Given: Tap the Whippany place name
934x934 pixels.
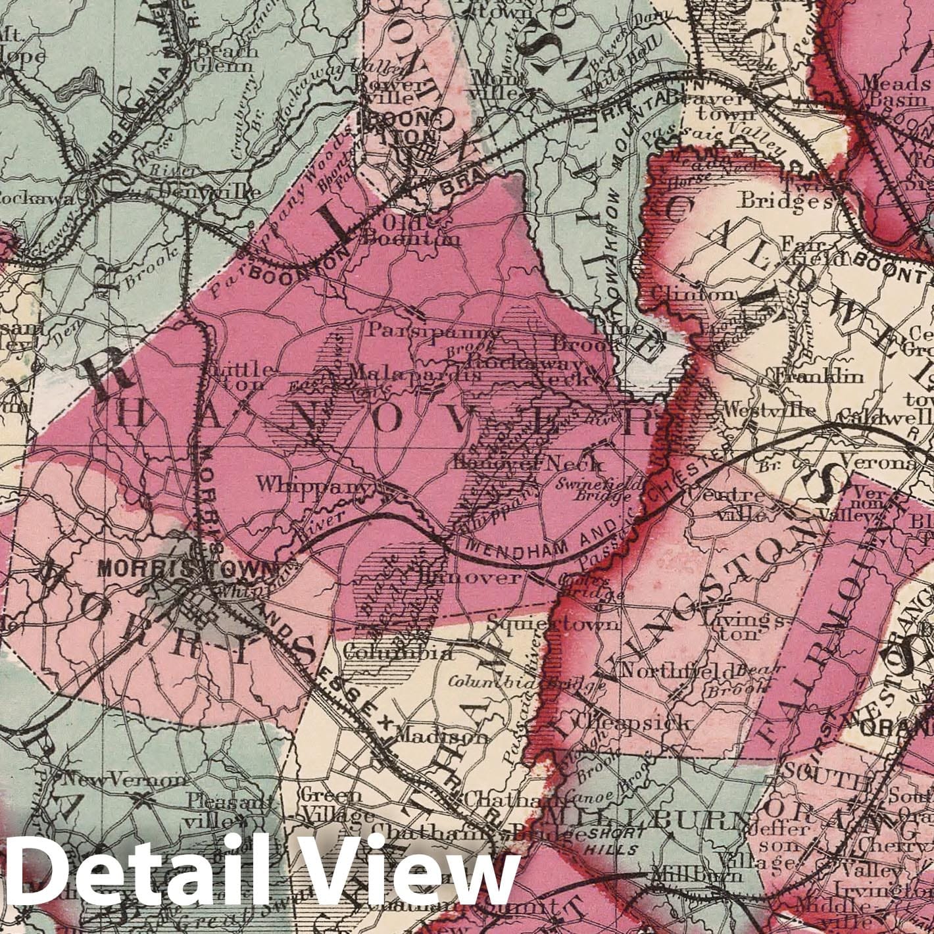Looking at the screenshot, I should coord(312,486).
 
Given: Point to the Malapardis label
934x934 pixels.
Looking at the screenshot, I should coord(414,372).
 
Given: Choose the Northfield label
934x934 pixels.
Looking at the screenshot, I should coord(677,672).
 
